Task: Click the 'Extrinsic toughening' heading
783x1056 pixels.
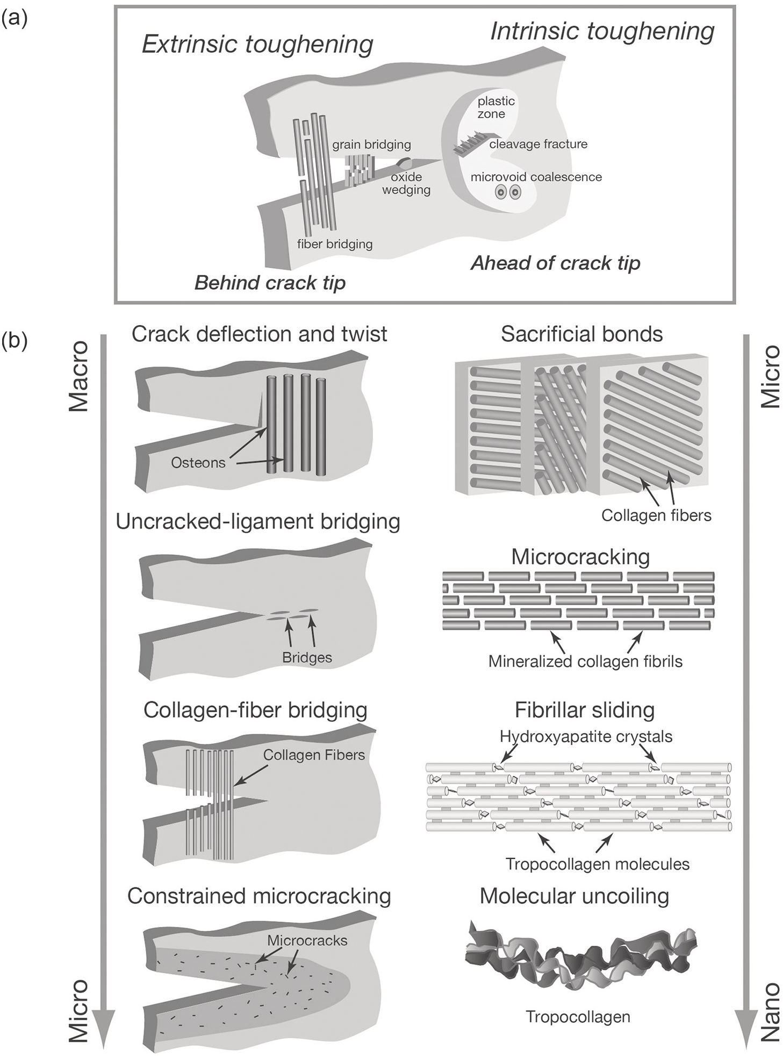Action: [x=257, y=44]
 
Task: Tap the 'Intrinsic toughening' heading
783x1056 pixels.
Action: [x=602, y=31]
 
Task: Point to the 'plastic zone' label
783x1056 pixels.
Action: [x=495, y=107]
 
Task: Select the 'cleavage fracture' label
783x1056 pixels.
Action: [x=538, y=144]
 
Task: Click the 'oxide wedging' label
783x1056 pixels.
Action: [x=406, y=183]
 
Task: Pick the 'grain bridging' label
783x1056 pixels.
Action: [x=371, y=145]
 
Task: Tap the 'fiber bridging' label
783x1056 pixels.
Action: [x=335, y=244]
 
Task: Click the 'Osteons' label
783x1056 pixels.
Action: [x=198, y=463]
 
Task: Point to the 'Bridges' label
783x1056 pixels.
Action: [x=307, y=657]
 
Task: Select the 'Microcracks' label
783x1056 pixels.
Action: [x=307, y=940]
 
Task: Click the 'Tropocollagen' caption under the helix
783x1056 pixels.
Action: [x=578, y=1017]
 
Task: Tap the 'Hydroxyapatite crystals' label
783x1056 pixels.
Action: [x=586, y=736]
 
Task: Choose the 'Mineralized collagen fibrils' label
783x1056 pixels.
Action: [x=585, y=661]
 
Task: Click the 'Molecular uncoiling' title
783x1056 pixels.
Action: [x=574, y=896]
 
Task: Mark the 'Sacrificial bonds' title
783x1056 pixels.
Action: [x=581, y=334]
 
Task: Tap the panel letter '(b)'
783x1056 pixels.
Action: [x=15, y=341]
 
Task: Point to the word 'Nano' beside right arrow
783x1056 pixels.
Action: [x=771, y=1012]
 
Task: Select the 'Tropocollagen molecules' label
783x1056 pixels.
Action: [x=597, y=864]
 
